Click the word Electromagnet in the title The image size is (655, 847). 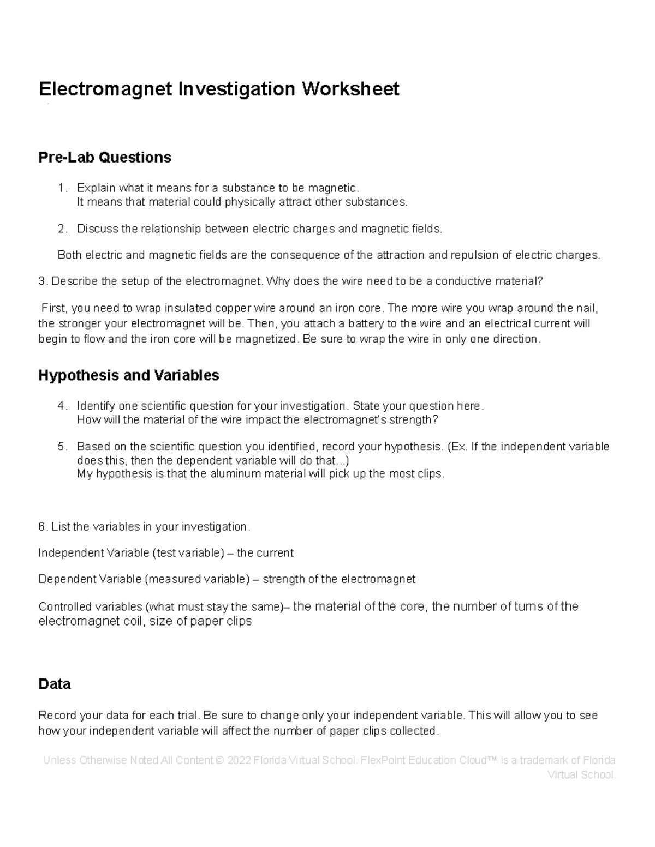coord(105,88)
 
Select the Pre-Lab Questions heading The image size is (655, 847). coord(104,158)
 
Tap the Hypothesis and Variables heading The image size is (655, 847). coord(128,375)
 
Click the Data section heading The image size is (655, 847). coord(55,684)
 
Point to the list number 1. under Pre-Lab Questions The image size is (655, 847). coord(63,188)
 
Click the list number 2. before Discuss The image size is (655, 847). coord(63,229)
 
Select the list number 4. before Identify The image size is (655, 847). coord(63,406)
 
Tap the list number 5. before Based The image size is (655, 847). coord(63,447)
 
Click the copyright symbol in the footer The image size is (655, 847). coord(220,760)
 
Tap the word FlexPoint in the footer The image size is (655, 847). coord(385,760)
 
